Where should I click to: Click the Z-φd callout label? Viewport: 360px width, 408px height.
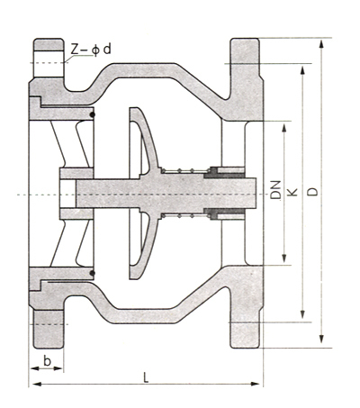[91, 49]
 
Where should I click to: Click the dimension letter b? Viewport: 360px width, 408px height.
[47, 361]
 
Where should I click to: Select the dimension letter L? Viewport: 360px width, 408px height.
[146, 377]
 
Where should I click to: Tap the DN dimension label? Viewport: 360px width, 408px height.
[275, 190]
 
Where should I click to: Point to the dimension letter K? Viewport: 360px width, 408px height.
[292, 192]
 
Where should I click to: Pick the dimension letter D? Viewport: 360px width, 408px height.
[313, 192]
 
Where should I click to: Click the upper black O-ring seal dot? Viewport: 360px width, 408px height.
[93, 114]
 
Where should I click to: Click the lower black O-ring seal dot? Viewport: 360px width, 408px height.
[93, 273]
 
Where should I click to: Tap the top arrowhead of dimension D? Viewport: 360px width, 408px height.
[321, 43]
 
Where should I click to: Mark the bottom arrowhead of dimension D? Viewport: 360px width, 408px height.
[321, 339]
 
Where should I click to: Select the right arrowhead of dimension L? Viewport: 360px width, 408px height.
[255, 384]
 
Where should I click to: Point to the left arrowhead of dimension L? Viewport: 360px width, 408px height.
[37, 384]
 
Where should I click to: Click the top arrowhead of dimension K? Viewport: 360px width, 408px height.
[302, 71]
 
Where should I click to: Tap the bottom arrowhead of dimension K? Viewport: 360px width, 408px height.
[302, 313]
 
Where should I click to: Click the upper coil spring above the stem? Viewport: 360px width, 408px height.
[184, 171]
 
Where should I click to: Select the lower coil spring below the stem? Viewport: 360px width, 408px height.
[184, 215]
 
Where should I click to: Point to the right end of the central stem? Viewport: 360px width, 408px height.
[256, 193]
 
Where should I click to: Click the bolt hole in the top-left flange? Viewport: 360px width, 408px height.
[49, 64]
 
